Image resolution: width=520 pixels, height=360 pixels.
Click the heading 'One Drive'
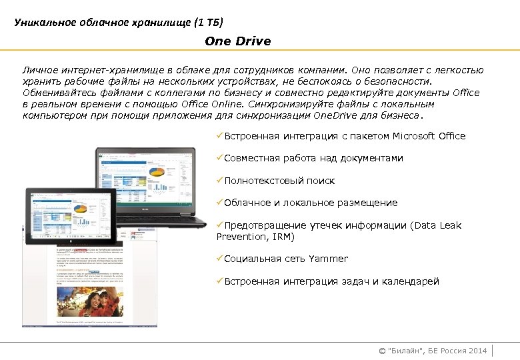coord(238,41)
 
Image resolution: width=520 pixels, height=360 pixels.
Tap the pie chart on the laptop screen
coord(158,173)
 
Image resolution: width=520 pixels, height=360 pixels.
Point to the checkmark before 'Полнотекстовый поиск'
coord(220,181)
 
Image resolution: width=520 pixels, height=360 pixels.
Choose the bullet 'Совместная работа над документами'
coord(313,159)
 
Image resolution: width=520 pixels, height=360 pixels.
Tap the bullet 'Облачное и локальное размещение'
coord(310,203)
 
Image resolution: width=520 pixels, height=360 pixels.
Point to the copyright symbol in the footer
coord(382,351)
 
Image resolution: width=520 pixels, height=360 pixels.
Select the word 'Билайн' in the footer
coord(403,351)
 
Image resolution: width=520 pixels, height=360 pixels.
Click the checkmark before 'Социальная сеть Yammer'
coord(220,259)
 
